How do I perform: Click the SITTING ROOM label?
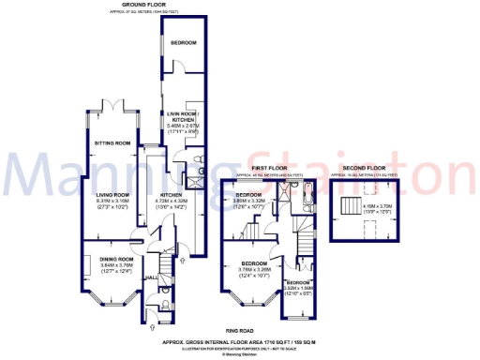112,143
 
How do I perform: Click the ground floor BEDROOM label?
184,43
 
